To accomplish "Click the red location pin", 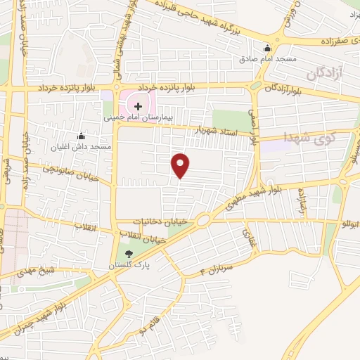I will coord(181,165).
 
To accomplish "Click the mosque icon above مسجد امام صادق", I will coord(266,48).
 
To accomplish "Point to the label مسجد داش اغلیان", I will coord(81,147).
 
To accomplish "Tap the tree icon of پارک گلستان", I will coord(127,255).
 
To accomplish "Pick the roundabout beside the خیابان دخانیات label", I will coord(202,220).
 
